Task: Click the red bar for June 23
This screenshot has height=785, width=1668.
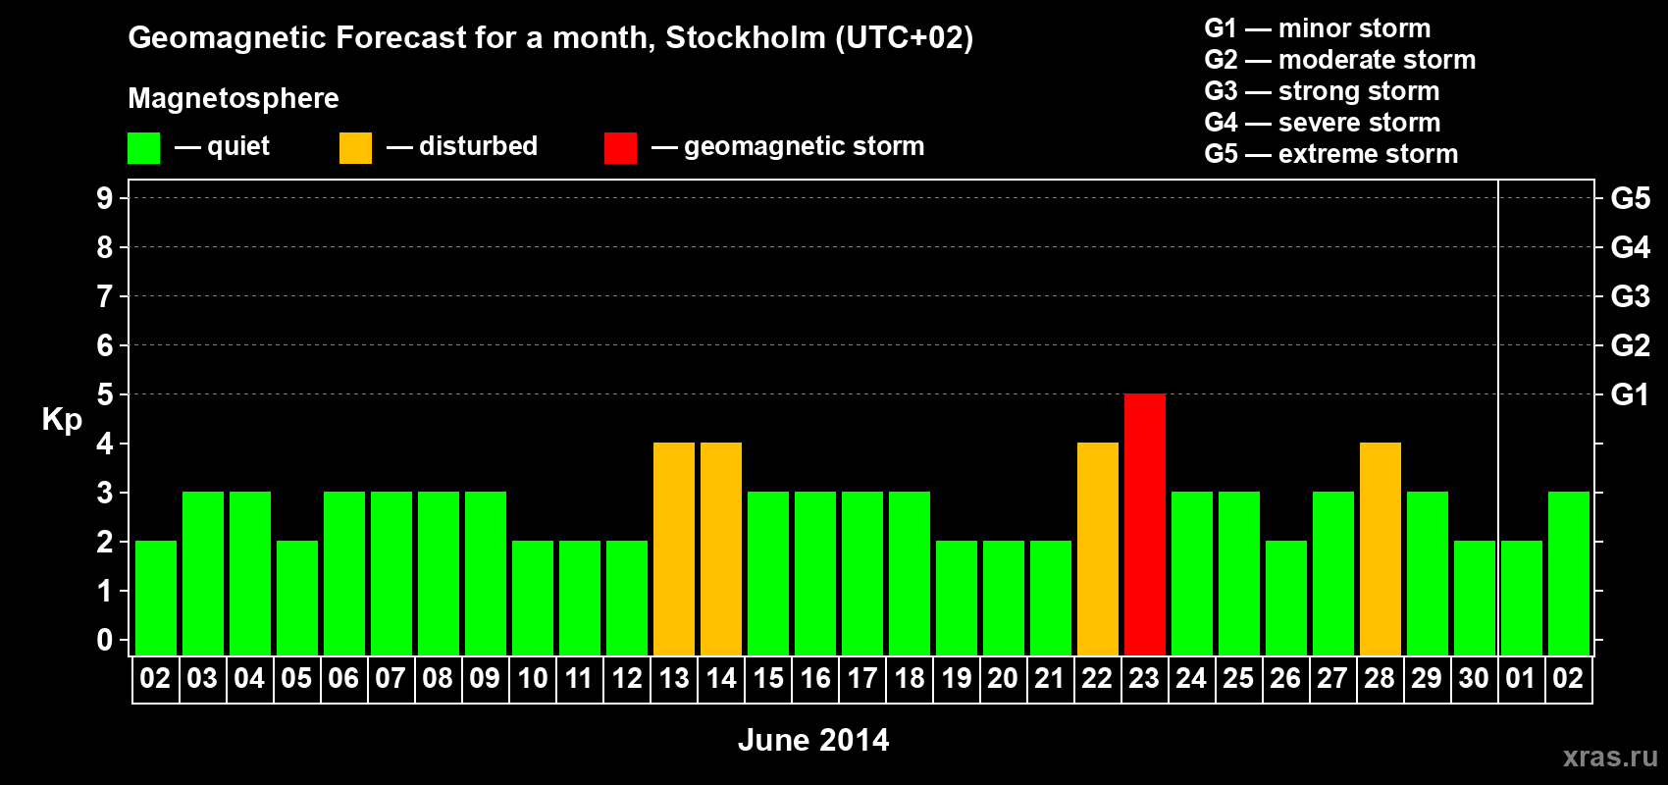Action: pos(1144,524)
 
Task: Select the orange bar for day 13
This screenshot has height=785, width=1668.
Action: pos(674,549)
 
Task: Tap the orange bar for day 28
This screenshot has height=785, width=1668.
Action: pos(1380,549)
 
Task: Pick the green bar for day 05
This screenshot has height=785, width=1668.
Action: pos(296,598)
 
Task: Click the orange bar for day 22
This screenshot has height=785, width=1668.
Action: pos(1097,549)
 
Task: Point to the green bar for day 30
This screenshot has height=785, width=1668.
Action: pos(1474,598)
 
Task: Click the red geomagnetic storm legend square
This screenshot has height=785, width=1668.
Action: pos(620,148)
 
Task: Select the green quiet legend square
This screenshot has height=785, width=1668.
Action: pos(143,148)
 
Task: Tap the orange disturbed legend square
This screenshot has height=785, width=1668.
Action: pos(355,148)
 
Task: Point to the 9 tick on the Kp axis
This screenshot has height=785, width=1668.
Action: pos(105,198)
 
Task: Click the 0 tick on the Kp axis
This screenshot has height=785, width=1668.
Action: pos(105,640)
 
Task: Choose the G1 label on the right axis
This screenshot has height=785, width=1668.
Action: pos(1630,394)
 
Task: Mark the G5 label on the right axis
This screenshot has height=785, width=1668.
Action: pos(1630,198)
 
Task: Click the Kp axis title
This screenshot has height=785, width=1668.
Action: pos(62,420)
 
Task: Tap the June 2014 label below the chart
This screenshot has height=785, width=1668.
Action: pos(813,740)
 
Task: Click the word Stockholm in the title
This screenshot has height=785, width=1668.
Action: pos(746,38)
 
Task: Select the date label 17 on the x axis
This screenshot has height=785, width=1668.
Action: pos(861,678)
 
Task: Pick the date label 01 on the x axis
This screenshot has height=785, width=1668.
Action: pos(1521,678)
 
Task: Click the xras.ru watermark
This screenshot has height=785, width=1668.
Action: pos(1610,757)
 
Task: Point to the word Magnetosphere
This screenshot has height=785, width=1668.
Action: pos(234,98)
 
